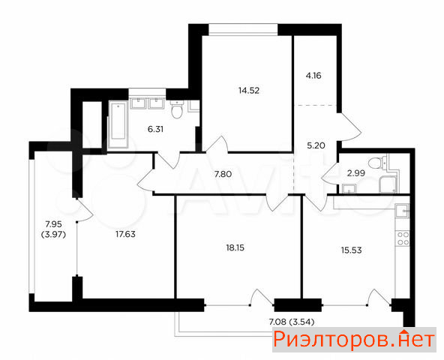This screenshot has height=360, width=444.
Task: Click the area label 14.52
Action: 249,91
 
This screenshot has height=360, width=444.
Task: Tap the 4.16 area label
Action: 313,76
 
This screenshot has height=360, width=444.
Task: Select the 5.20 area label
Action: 316,145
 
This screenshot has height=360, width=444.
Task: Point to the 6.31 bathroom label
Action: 155,129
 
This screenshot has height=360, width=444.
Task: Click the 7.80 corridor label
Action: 223,174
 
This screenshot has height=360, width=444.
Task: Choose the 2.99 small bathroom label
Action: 356,172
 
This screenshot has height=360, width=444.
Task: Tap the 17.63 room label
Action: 125,234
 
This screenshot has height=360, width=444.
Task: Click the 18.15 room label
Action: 235,247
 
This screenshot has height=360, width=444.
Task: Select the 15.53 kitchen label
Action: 352,250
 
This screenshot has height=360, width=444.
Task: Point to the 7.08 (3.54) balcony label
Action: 292,322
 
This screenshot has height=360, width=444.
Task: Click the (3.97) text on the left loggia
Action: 53,235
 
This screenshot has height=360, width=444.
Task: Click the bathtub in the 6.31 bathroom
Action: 118,124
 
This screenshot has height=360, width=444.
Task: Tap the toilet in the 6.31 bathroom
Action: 178,110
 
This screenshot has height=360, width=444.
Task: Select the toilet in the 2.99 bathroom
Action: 376,162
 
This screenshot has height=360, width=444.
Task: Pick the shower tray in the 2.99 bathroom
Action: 388,184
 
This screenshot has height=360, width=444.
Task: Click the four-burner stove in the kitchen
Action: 402,238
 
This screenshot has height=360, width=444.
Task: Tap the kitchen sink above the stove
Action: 402,211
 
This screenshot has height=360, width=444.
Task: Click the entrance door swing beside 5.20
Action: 349,127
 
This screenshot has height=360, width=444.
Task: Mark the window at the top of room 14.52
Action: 243,30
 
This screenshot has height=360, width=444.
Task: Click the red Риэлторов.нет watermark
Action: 354,339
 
